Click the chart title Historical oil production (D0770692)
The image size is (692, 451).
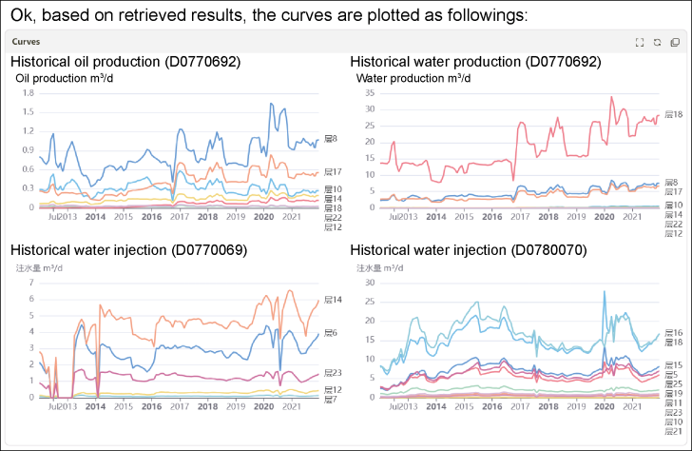[125, 62]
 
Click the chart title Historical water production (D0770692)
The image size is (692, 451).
[475, 62]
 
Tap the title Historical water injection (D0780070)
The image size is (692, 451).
[470, 250]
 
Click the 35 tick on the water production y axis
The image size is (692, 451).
[371, 93]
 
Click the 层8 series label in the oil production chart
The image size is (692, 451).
[331, 139]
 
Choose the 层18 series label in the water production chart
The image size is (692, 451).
[674, 114]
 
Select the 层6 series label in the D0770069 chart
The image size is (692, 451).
[331, 332]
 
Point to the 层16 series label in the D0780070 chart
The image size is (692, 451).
[674, 333]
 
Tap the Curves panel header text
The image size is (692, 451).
[26, 42]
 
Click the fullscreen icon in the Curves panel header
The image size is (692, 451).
[640, 42]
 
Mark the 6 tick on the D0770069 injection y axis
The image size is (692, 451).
[30, 299]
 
